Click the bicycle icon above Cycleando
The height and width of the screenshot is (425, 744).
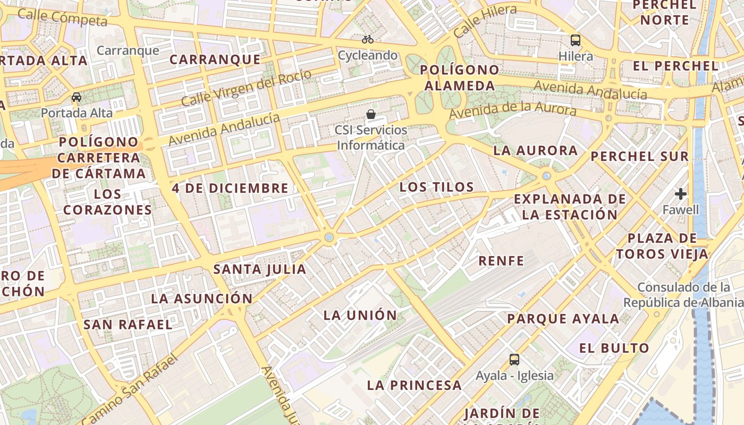pos(367,39)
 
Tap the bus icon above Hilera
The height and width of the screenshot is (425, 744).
pos(576,40)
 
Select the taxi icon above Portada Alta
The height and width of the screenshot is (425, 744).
pos(77,97)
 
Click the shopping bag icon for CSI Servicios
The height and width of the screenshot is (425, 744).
pos(371,114)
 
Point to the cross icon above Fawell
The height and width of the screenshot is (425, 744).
pos(681,194)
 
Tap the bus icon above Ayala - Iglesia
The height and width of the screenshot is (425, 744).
pos(514,360)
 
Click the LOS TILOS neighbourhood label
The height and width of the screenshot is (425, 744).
pos(436,187)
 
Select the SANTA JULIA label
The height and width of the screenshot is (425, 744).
pos(260,269)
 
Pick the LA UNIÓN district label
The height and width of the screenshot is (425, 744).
pos(360,315)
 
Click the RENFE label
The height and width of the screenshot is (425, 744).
pos(501,261)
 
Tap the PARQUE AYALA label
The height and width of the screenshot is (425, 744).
pos(563,319)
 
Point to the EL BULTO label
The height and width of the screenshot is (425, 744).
pos(614,348)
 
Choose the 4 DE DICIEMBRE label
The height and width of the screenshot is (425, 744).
pos(230,188)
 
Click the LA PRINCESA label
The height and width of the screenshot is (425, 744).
pos(415,385)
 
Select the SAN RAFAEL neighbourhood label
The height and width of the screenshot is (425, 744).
pos(128,324)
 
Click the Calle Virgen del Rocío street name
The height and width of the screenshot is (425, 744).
pos(246,87)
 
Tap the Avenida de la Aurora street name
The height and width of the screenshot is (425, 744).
pos(512,110)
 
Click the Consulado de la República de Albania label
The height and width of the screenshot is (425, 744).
pos(683,295)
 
